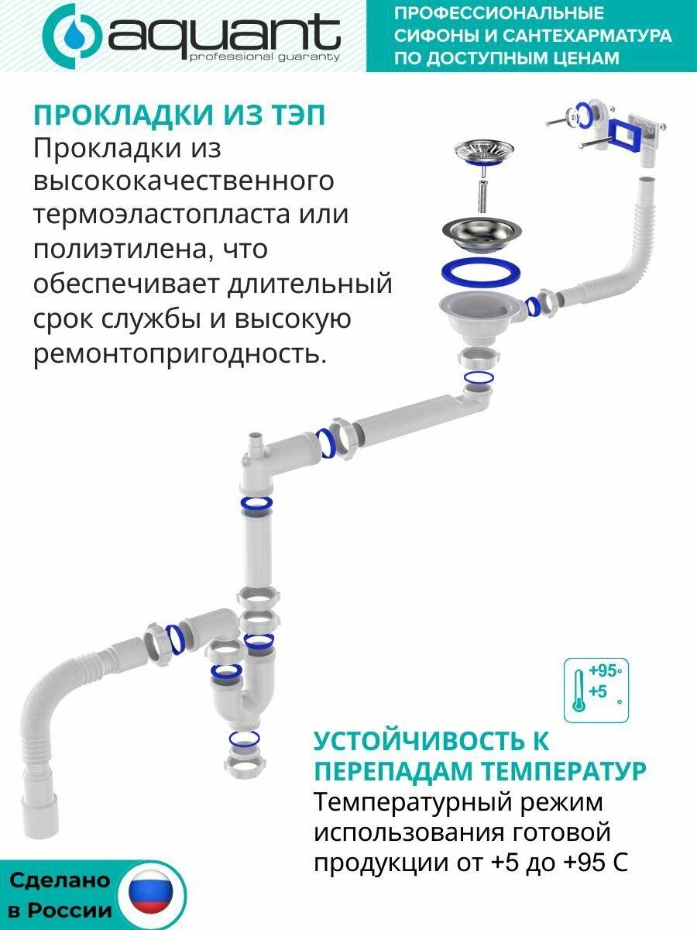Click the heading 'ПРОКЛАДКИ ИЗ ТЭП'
(179, 115)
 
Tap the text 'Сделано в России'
(60, 896)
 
